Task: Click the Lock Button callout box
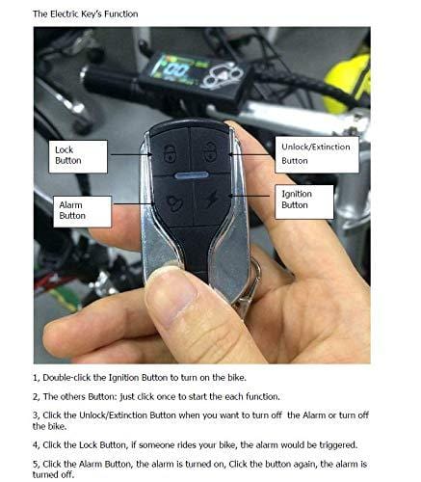[78, 156]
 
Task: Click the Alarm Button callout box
[83, 210]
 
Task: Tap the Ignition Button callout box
[306, 200]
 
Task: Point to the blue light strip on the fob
[190, 177]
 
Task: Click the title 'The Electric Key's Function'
[85, 14]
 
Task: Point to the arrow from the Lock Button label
[129, 153]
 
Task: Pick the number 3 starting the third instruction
[36, 415]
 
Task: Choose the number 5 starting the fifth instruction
[36, 463]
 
